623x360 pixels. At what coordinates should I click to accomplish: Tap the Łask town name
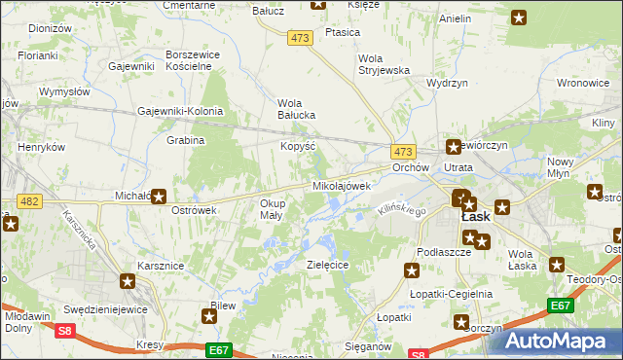coord(475,217)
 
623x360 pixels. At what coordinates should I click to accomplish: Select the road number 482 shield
coord(29,201)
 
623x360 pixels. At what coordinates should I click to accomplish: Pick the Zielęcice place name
coord(327,264)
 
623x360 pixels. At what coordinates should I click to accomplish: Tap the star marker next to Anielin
coord(519,18)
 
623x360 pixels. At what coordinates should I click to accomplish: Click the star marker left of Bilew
coord(209,314)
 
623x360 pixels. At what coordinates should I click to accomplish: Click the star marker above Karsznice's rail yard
coord(128,282)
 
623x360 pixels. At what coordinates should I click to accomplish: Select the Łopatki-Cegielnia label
coord(446,295)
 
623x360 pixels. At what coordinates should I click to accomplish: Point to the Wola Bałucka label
coord(297,109)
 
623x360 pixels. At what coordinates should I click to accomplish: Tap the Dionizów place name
coord(51,29)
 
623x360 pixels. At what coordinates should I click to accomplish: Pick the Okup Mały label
coord(272,209)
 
